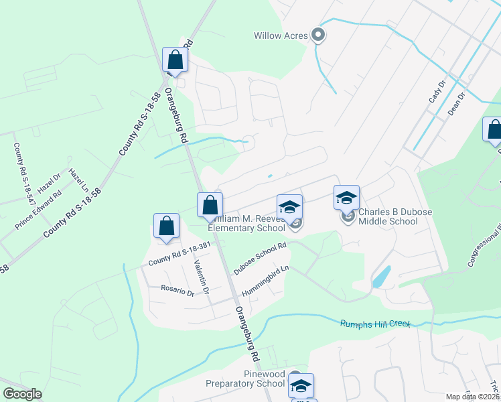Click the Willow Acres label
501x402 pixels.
[x=280, y=36]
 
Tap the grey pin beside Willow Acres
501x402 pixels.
[x=318, y=36]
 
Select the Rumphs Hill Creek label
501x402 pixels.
[x=374, y=324]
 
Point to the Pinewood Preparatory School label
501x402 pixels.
[x=244, y=378]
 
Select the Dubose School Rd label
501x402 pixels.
[x=260, y=258]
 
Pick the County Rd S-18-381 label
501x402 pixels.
[x=180, y=253]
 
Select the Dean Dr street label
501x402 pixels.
[x=456, y=105]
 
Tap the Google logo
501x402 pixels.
[x=22, y=394]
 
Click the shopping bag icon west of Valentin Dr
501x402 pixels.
[x=166, y=226]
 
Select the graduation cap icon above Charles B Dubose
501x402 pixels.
[x=346, y=198]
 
